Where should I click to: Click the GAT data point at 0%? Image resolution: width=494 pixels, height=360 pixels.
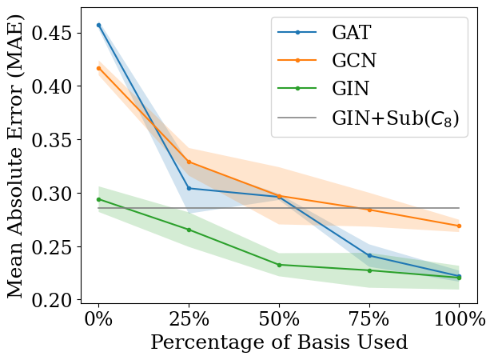tap(98, 25)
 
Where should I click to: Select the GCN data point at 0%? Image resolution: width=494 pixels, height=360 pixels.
tap(98, 68)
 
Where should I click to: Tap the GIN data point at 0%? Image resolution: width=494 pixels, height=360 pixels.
tap(98, 199)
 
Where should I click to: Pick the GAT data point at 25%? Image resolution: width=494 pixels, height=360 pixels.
tap(189, 188)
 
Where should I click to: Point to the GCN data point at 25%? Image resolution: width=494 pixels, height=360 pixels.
tap(189, 162)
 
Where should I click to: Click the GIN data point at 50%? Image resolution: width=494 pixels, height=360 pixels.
tap(279, 265)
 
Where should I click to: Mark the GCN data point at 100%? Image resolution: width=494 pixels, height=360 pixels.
tap(459, 226)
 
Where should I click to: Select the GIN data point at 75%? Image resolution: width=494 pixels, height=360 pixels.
tap(369, 270)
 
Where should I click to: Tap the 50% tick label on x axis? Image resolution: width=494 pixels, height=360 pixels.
tap(279, 318)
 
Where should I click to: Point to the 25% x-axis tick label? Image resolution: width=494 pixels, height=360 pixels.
tap(189, 318)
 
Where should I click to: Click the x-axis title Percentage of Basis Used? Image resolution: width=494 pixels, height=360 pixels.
tap(279, 342)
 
